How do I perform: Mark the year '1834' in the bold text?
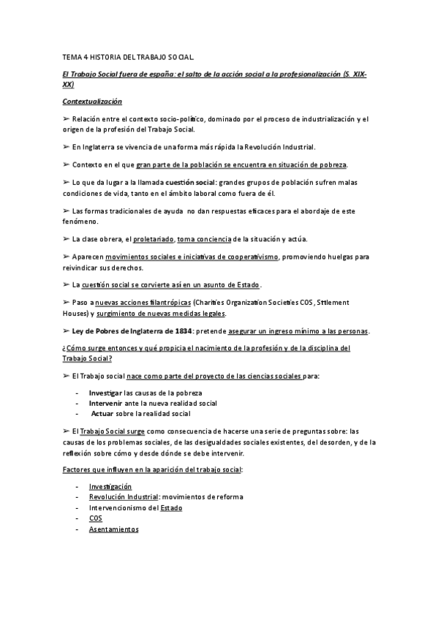tap(178, 331)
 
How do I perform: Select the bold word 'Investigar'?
tap(105, 393)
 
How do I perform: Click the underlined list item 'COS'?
tap(95, 518)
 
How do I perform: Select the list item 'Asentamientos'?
tap(113, 528)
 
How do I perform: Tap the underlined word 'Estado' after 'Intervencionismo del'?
tap(171, 507)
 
